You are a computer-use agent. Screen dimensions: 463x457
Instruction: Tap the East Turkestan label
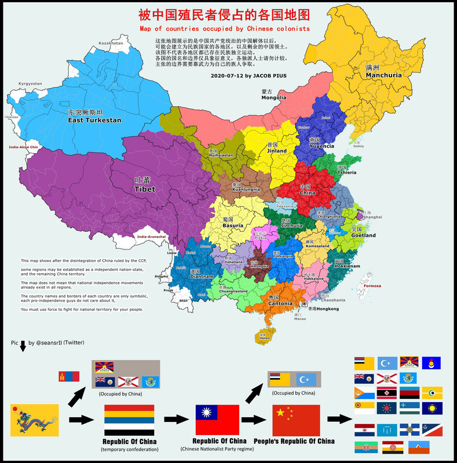tap(94, 120)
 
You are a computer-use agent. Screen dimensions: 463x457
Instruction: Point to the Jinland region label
tap(276, 150)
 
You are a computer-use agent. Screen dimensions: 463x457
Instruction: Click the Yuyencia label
tap(322, 146)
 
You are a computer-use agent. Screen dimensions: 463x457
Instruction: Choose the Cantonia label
tap(280, 303)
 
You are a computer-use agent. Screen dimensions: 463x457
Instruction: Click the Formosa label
tap(372, 286)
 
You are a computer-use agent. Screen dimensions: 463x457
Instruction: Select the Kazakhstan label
tap(111, 43)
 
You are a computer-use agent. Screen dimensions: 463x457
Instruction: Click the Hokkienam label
tap(346, 266)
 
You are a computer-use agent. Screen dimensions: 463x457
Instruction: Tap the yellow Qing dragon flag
tap(34, 420)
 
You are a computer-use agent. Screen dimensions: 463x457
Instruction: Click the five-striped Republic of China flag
tap(129, 420)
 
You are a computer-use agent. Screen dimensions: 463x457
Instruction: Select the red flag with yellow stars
tap(296, 420)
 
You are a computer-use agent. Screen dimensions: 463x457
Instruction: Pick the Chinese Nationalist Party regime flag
tap(217, 420)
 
